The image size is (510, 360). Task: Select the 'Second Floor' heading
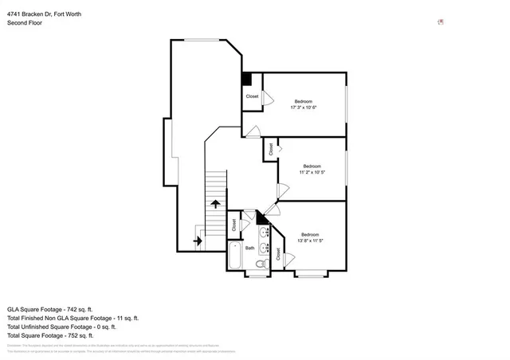pyautogui.click(x=25, y=23)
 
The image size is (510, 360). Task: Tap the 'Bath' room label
pyautogui.click(x=249, y=248)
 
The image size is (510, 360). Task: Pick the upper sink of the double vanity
pyautogui.click(x=264, y=233)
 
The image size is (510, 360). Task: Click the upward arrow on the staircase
pyautogui.click(x=215, y=204)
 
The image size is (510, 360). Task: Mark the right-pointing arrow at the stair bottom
pyautogui.click(x=198, y=239)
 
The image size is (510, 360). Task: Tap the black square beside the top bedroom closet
pyautogui.click(x=247, y=79)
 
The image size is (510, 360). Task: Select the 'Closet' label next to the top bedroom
pyautogui.click(x=252, y=96)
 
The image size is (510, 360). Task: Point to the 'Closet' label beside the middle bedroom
pyautogui.click(x=271, y=149)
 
